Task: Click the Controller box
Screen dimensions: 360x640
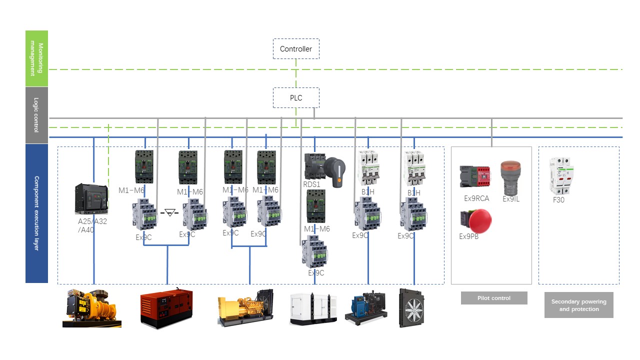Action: coord(296,49)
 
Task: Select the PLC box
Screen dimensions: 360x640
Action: coord(296,98)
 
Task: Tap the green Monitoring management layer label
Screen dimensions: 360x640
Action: coord(36,58)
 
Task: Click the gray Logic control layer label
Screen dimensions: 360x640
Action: coord(36,115)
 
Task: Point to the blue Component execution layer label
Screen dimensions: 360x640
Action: coord(36,213)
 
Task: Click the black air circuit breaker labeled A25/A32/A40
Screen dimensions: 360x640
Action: coord(91,199)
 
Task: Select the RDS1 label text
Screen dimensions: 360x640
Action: coord(311,184)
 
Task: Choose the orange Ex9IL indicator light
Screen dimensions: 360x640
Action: coord(510,177)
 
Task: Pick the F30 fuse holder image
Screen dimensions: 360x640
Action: coord(561,176)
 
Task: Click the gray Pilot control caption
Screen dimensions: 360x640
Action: coord(493,298)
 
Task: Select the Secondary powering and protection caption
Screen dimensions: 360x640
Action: coord(578,305)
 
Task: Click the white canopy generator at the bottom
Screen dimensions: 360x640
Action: coord(313,308)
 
